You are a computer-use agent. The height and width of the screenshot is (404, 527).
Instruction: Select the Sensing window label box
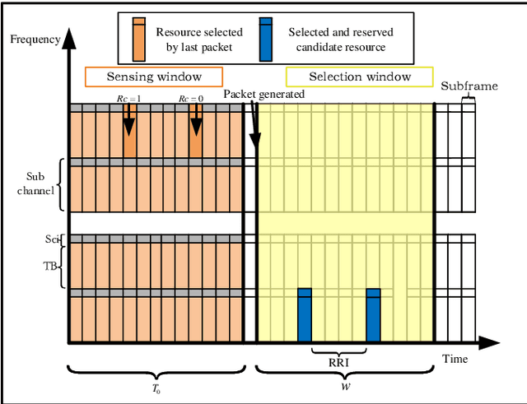[154, 77]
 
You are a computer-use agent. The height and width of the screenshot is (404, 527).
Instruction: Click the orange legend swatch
[138, 38]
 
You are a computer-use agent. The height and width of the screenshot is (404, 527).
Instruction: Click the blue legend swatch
[266, 38]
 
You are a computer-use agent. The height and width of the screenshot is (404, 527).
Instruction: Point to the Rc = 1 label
[128, 99]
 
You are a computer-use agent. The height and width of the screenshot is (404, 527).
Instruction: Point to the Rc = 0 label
[194, 99]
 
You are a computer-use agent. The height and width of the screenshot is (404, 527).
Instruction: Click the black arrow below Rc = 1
[129, 124]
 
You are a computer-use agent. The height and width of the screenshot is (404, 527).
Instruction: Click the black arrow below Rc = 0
[195, 124]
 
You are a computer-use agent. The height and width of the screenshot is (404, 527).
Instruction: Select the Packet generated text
[264, 94]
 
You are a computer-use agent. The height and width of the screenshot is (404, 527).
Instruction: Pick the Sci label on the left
[52, 239]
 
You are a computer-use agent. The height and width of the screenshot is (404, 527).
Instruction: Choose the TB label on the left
[50, 266]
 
